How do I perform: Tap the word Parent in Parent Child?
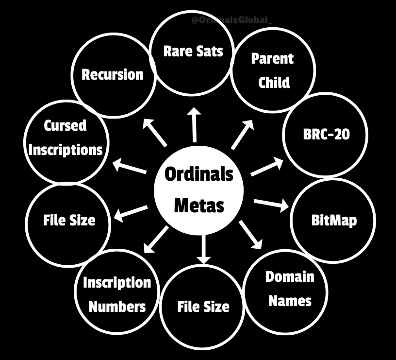pos(272,59)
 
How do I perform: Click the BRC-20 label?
pos(326,135)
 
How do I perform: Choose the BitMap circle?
pos(333,220)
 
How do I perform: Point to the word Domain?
pos(290,277)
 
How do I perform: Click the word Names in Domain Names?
pos(290,301)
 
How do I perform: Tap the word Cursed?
pos(66,126)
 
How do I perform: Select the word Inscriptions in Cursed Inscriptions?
pos(66,149)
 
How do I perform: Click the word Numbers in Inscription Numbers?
pos(117,306)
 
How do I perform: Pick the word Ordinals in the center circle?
pos(199,174)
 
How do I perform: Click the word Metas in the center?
pos(199,205)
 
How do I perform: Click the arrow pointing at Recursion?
pos(155,132)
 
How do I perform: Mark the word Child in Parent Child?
pos(274,82)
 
